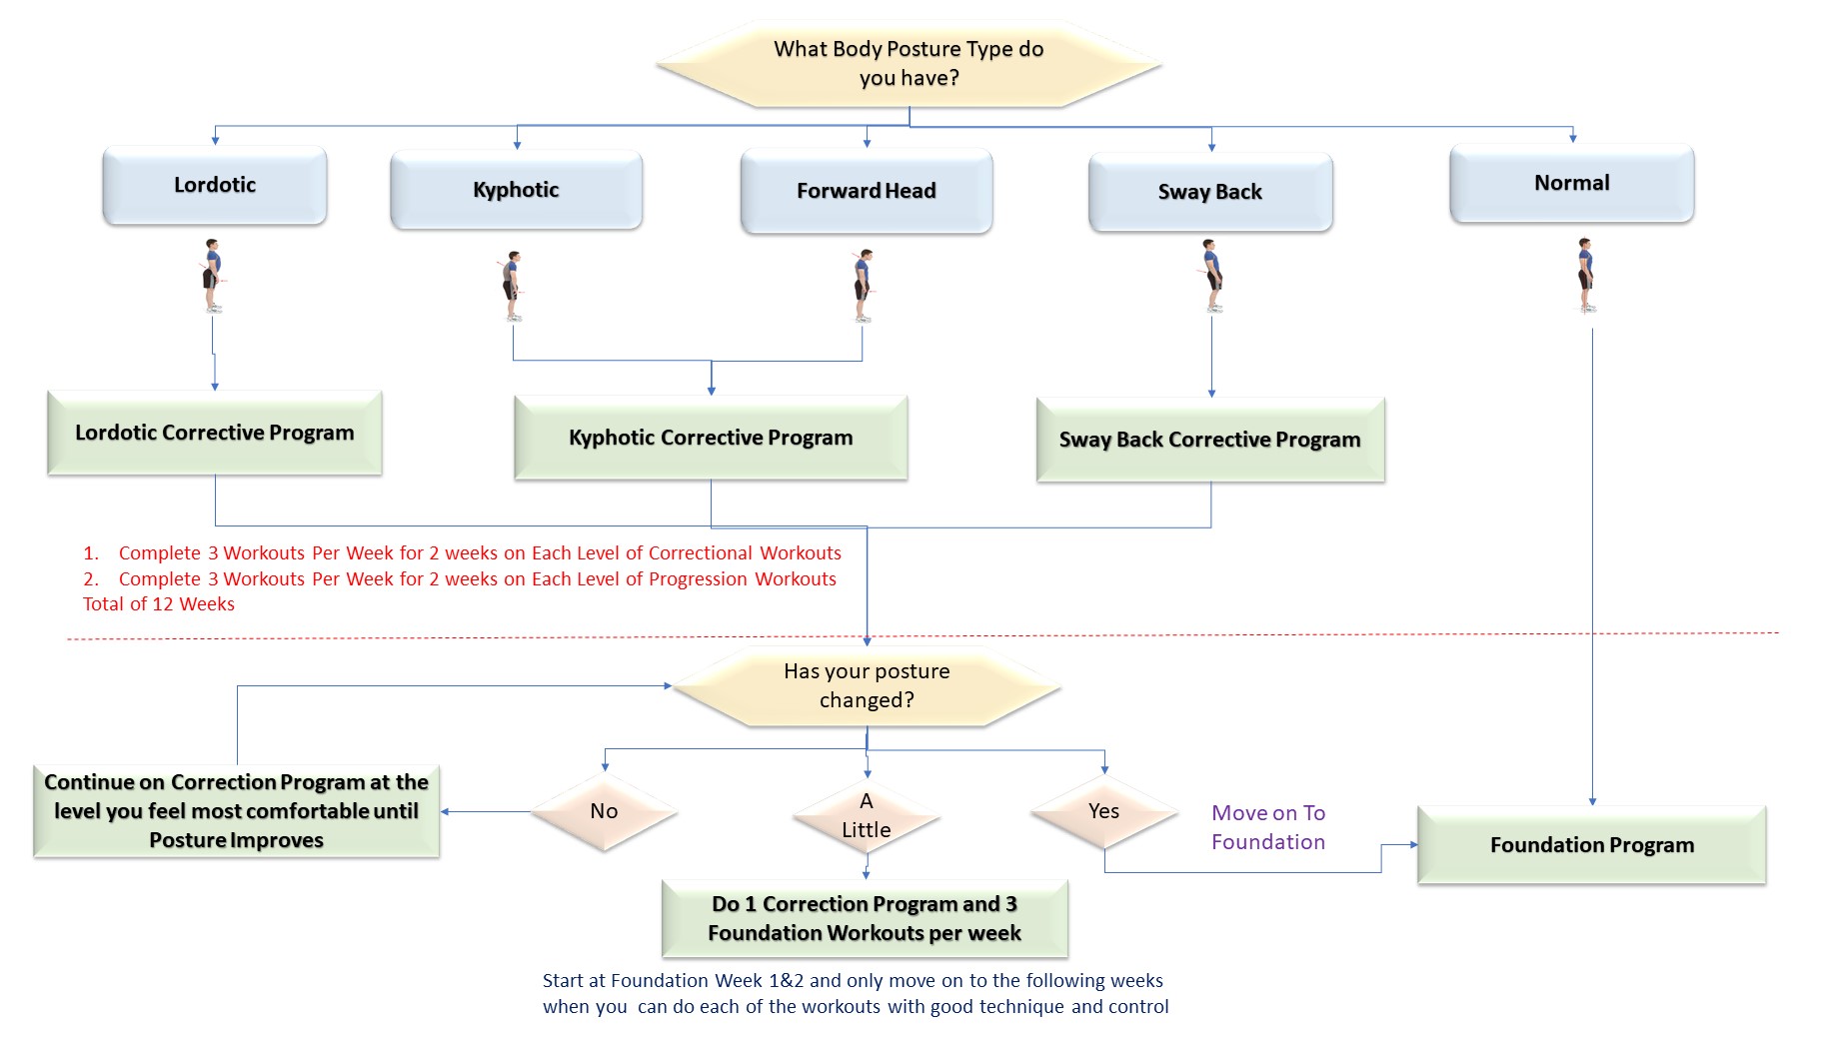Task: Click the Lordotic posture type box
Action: (x=215, y=185)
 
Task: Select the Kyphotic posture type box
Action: (x=516, y=190)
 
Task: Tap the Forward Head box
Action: (x=867, y=191)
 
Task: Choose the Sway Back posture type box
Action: (x=1210, y=192)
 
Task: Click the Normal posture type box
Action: (x=1572, y=183)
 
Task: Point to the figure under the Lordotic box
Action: (x=212, y=276)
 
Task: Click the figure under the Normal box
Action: (x=1585, y=276)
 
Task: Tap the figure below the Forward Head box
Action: (x=864, y=286)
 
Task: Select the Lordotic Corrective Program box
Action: (x=215, y=433)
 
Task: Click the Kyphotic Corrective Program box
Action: (x=711, y=438)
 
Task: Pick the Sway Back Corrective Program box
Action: (x=1210, y=440)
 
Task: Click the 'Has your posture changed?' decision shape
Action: (x=867, y=685)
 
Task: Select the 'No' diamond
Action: (x=604, y=811)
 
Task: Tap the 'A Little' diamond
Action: (x=867, y=815)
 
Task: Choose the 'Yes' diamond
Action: (x=1104, y=811)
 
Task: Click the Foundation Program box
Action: (x=1592, y=845)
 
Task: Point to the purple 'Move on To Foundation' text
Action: (x=1268, y=827)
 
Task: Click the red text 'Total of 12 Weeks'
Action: (x=159, y=604)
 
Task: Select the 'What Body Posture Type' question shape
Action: (x=910, y=63)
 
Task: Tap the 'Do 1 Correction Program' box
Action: (x=865, y=918)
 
